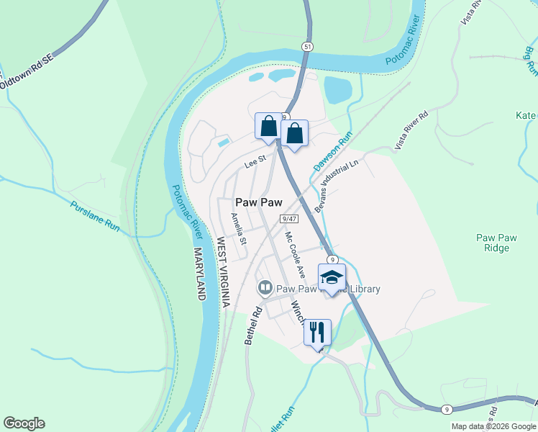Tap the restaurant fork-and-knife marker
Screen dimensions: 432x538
[x=317, y=333]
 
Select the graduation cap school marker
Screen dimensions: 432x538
[x=332, y=278]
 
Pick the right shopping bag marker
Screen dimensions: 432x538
[x=294, y=133]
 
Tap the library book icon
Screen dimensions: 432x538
[x=265, y=289]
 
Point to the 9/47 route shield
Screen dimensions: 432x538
[x=290, y=218]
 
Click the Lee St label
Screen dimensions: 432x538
[x=255, y=164]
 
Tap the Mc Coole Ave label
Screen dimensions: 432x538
[x=295, y=254]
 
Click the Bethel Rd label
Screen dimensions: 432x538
[x=254, y=325]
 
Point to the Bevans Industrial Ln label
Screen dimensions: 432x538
[x=335, y=186]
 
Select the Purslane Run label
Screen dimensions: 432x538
[x=94, y=215]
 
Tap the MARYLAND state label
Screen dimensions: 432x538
[x=200, y=274]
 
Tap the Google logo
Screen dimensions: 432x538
[x=24, y=423]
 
